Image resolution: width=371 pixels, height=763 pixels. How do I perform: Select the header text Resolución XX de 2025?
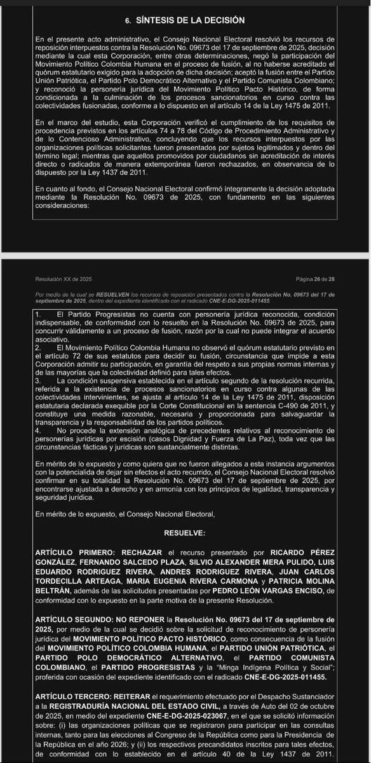pyautogui.click(x=64, y=279)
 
